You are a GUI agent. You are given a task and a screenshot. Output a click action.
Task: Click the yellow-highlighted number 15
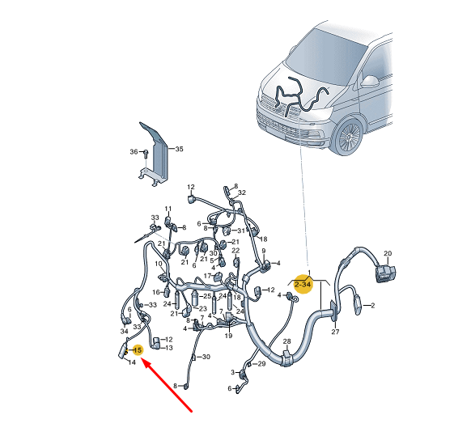pos(138,350)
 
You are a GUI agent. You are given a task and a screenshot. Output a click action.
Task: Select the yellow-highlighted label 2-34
pos(303,285)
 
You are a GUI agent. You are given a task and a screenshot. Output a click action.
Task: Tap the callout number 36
pos(134,151)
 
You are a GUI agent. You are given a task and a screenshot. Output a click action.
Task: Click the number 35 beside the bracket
pos(179,149)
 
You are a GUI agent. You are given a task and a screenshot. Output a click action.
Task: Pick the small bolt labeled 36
pos(146,153)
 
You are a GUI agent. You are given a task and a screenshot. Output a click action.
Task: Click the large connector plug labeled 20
pos(385,273)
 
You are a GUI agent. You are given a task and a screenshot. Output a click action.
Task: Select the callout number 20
pos(388,253)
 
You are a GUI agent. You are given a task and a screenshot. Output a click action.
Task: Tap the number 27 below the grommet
pos(335,332)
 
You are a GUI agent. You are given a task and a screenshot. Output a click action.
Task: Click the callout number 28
pos(286,341)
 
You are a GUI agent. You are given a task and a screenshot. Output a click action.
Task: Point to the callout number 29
pos(261,364)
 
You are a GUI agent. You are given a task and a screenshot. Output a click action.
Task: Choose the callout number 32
pos(242,193)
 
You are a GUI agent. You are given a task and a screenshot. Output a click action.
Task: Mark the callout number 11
pos(168,209)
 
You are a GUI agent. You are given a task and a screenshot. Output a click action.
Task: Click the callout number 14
pos(132,362)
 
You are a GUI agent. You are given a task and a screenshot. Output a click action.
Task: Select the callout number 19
pos(228,336)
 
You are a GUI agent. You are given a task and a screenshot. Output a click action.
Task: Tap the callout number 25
pos(207,296)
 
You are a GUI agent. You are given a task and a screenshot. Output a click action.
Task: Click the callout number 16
pos(156,292)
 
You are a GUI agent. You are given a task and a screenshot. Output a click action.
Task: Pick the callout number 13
pos(168,348)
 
